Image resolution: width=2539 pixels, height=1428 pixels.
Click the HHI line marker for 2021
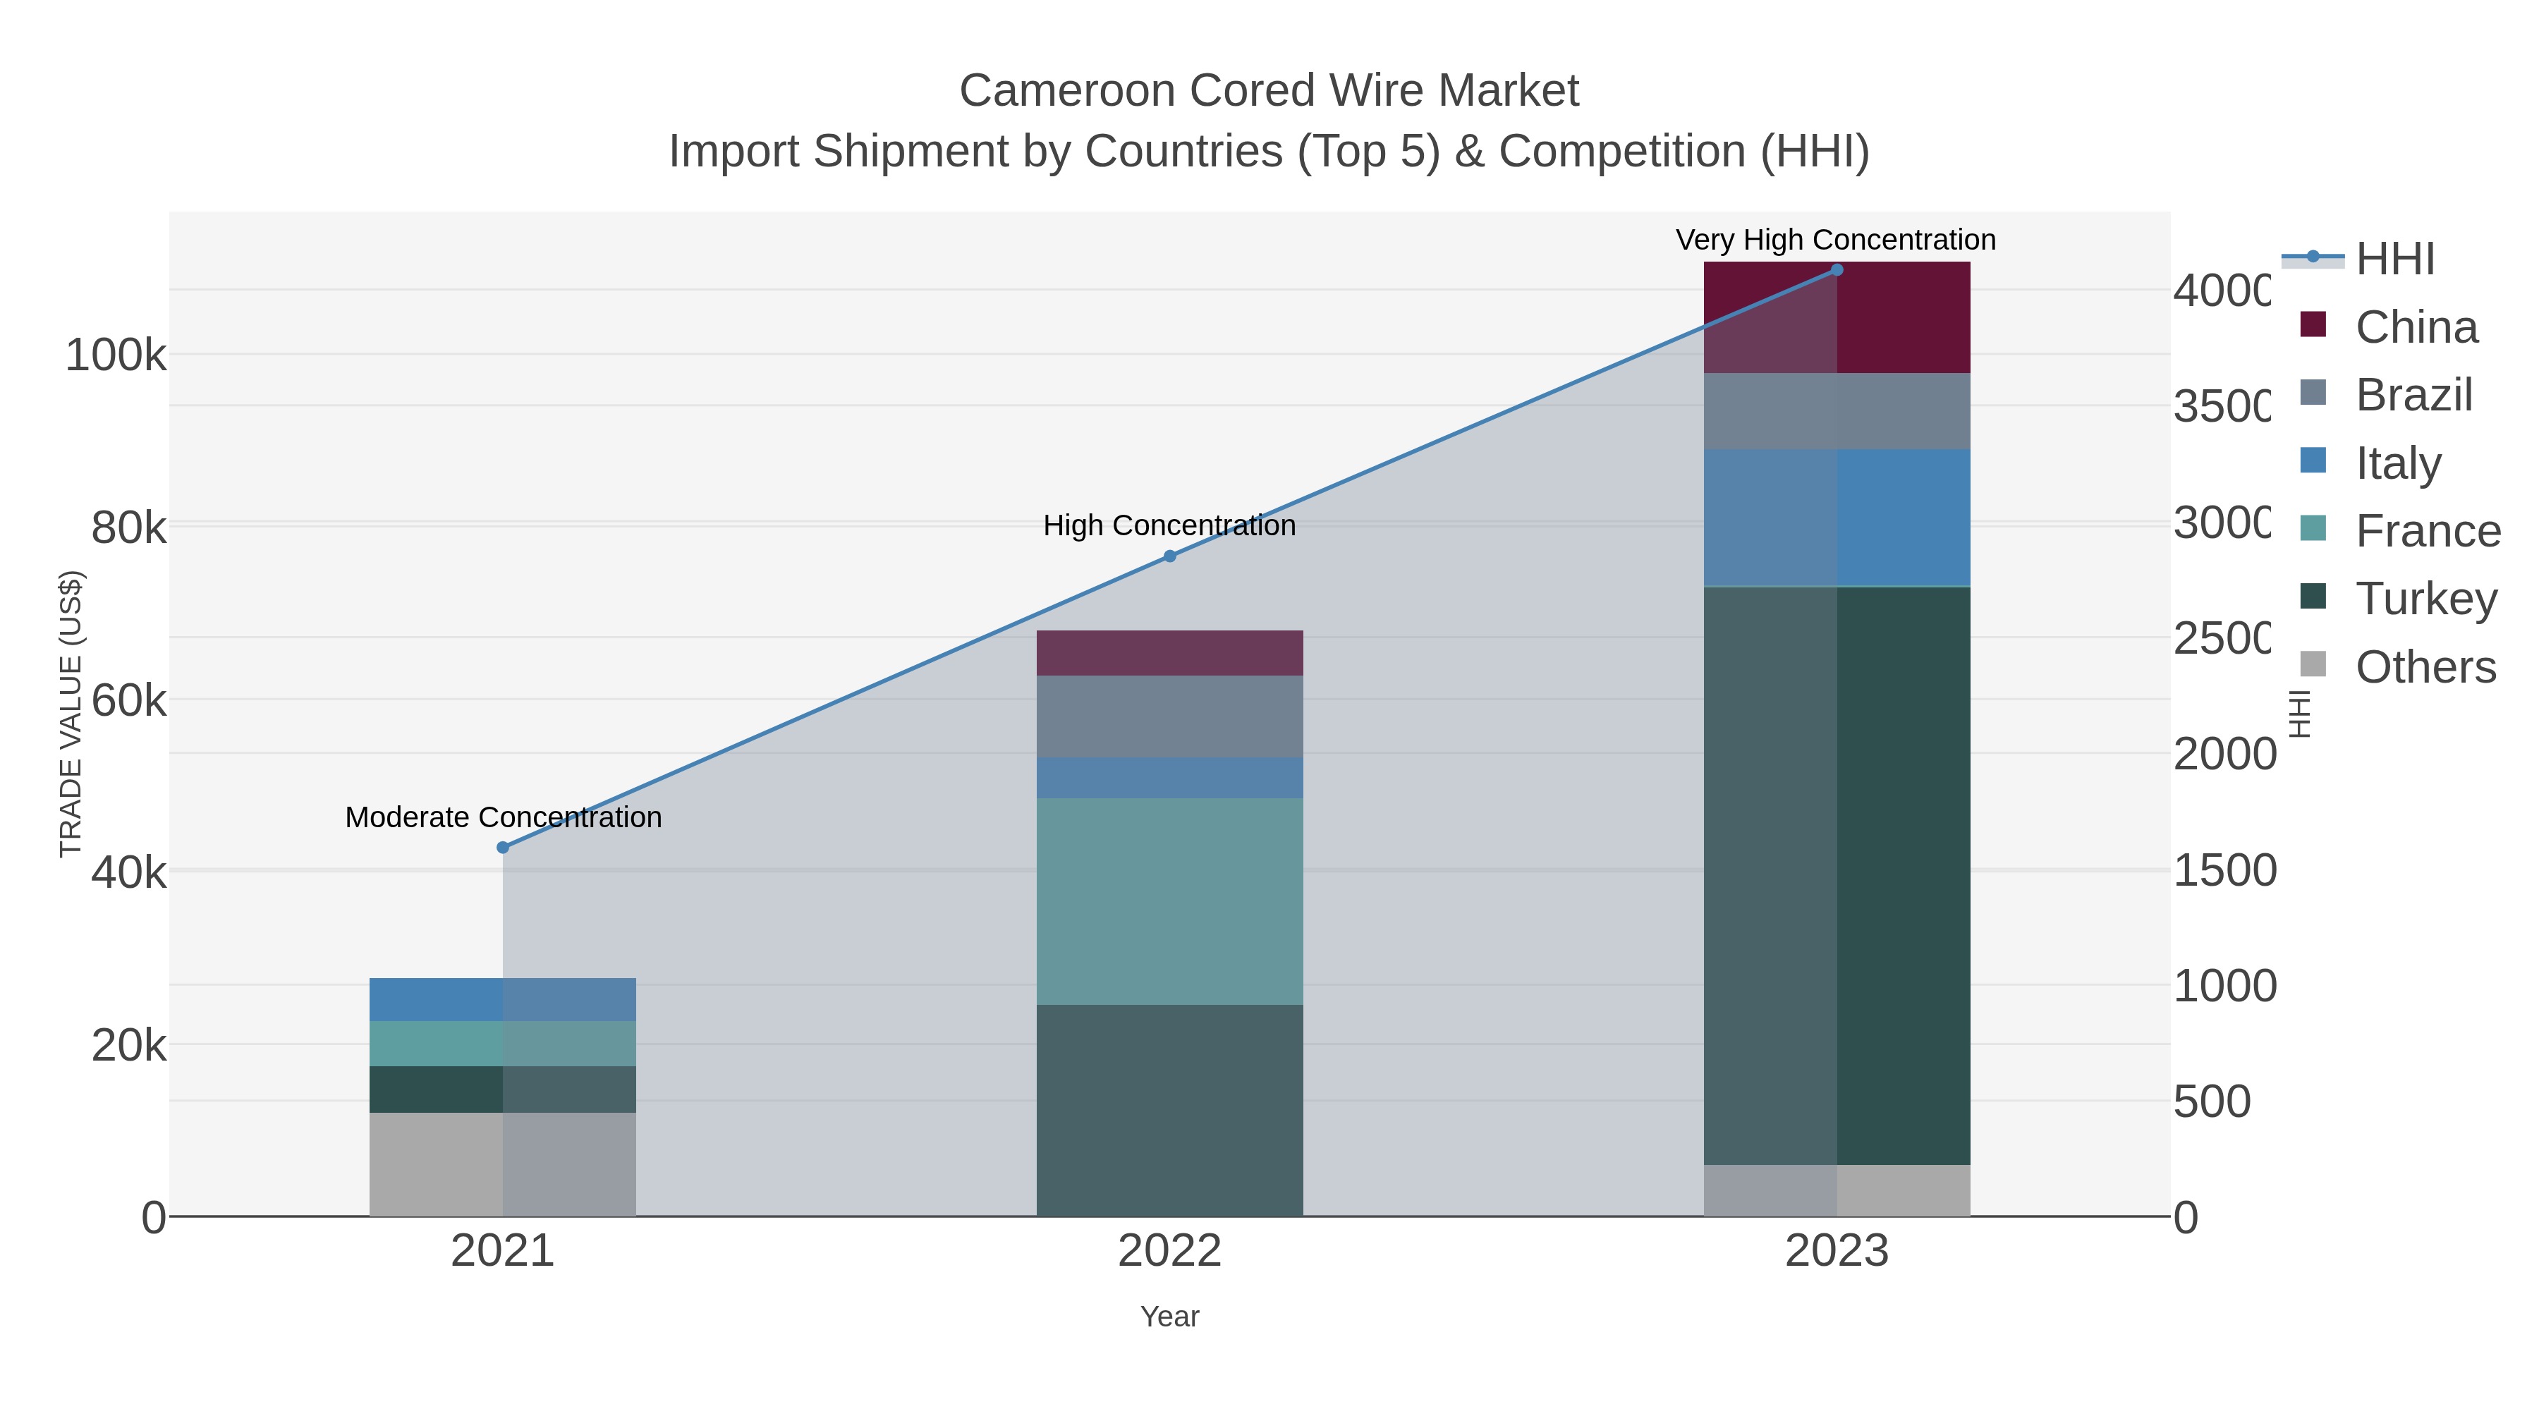point(503,848)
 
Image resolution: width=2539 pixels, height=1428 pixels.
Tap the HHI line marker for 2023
point(1837,270)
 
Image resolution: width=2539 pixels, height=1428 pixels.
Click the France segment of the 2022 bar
point(1170,902)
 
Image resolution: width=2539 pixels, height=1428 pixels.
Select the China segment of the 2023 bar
point(1837,317)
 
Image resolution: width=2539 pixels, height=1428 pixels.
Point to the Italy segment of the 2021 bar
point(503,999)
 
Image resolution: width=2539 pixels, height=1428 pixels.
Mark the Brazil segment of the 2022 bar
point(1170,716)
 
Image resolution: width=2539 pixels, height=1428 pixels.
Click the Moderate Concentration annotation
point(503,817)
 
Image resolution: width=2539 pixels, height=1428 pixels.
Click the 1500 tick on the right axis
point(2224,870)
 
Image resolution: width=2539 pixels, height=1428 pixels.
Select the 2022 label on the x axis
point(1170,1250)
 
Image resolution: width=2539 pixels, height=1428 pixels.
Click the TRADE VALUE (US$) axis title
point(71,714)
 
